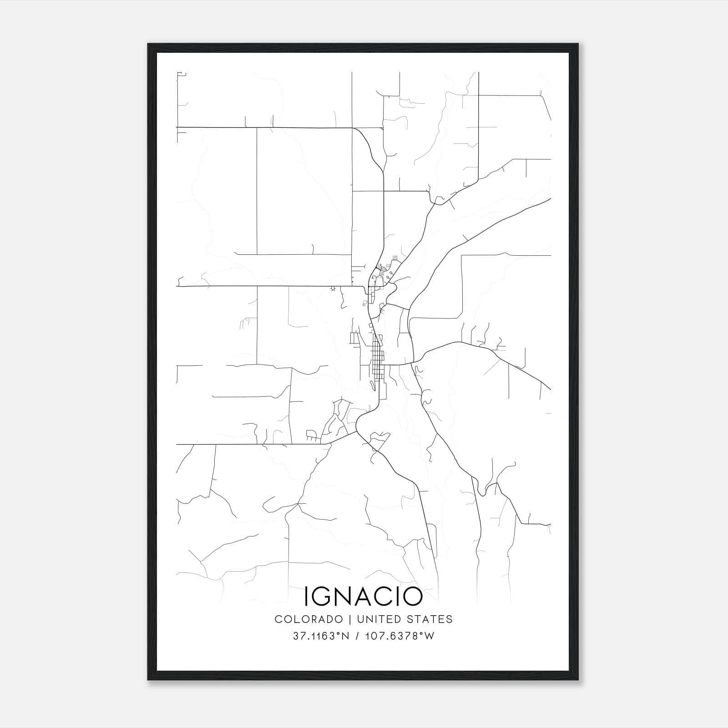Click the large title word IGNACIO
(363, 597)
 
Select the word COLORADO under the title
(308, 619)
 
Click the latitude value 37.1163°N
(321, 636)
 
